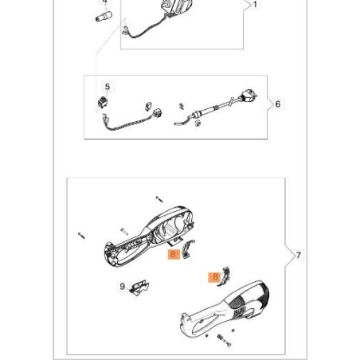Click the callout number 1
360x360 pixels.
[255, 5]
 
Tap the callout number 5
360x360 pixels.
[108, 87]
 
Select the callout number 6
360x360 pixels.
[278, 104]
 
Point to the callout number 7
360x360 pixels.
[299, 255]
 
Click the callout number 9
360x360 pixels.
[122, 287]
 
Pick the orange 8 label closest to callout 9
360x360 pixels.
[173, 254]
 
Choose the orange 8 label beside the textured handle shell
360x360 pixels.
[215, 277]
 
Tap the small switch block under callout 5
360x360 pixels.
[102, 102]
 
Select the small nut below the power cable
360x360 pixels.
[198, 123]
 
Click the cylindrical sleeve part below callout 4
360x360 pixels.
[104, 17]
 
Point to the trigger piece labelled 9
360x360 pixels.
[139, 288]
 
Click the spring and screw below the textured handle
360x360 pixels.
[225, 340]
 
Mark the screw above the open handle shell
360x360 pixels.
[159, 199]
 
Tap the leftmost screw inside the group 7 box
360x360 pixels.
[81, 235]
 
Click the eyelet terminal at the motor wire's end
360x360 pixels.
[125, 32]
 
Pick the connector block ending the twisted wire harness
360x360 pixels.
[157, 112]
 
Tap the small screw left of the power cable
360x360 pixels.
[182, 106]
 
